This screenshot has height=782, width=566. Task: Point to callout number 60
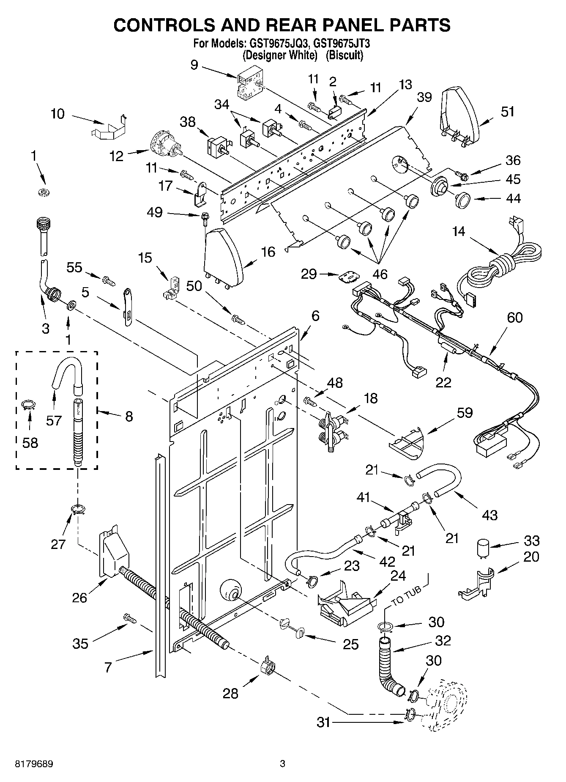click(x=514, y=317)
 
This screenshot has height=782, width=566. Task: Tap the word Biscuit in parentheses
click(x=345, y=55)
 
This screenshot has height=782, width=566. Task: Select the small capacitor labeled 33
click(x=483, y=548)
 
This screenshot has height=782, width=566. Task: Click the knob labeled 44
click(x=465, y=200)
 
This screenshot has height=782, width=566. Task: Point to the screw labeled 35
click(x=130, y=618)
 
